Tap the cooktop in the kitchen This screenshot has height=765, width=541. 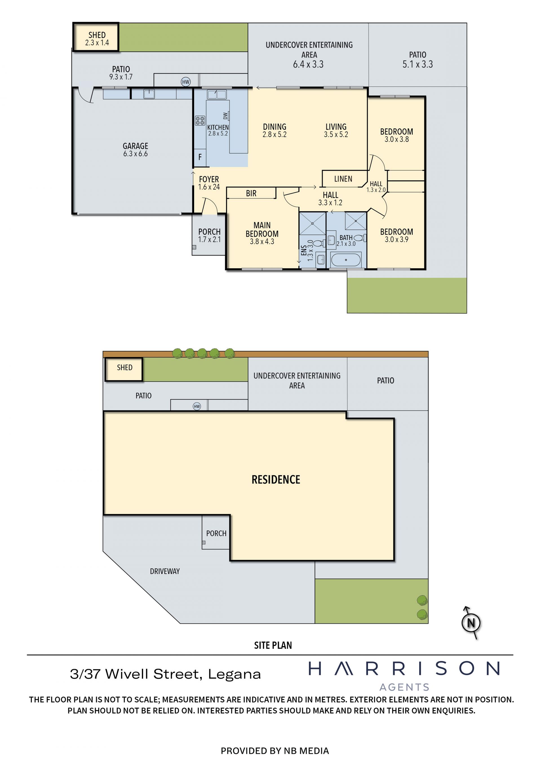pos(200,121)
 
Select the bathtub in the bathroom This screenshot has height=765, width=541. pos(346,260)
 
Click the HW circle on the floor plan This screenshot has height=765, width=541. pos(186,82)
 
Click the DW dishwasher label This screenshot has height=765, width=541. pos(225,116)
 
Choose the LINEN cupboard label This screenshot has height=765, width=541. pos(343,179)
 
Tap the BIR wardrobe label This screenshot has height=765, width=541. pos(251,193)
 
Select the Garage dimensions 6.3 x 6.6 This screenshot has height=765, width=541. pos(135,154)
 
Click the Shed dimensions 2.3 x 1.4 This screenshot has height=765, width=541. pos(97,43)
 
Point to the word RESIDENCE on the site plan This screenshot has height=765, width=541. pos(276,480)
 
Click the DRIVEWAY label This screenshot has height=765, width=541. pos(165,571)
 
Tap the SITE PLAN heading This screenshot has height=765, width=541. pos(273,645)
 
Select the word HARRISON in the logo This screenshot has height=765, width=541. pos(404,668)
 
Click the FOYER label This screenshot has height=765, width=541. pos(209,179)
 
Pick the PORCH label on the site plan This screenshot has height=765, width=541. pos(216,533)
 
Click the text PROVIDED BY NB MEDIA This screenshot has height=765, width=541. pos(275,751)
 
